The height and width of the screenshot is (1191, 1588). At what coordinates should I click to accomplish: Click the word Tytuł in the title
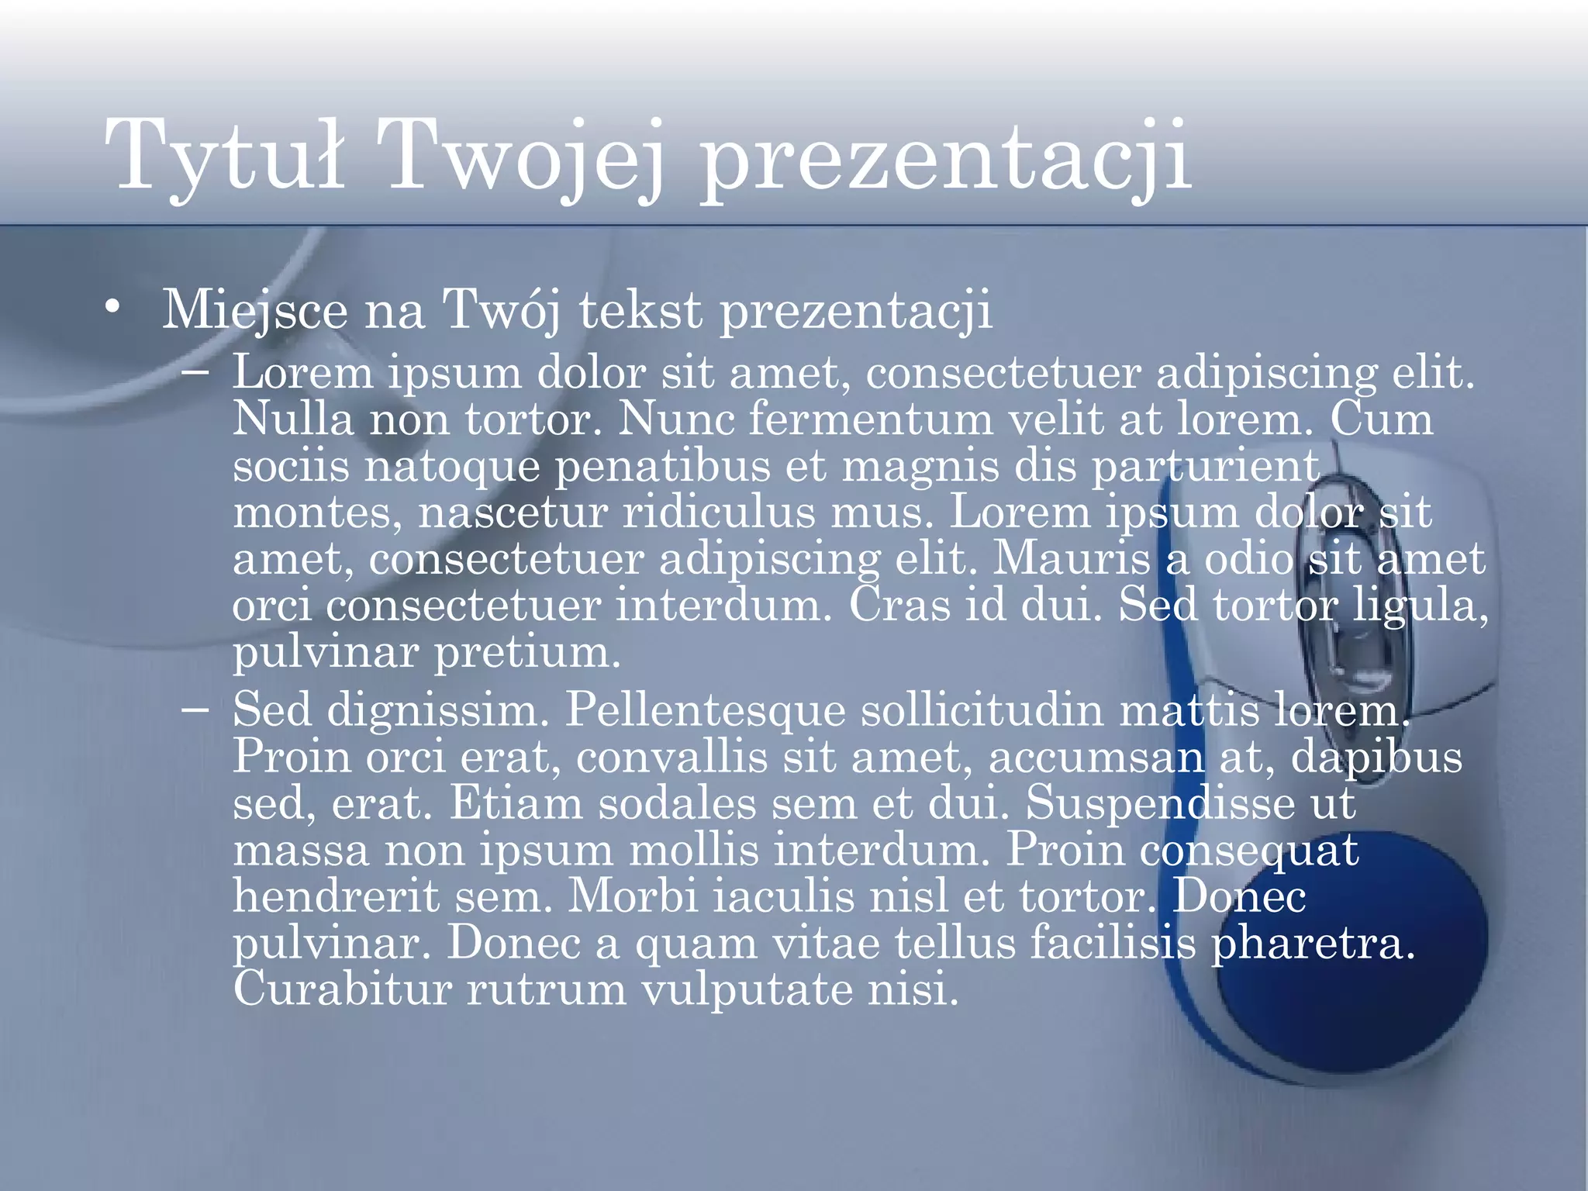point(225,155)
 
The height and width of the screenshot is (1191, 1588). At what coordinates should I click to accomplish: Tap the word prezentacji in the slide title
point(946,159)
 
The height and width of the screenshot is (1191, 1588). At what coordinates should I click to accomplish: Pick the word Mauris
point(1072,558)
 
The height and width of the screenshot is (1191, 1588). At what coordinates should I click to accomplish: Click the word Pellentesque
point(705,710)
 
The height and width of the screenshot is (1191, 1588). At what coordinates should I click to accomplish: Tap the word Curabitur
point(342,989)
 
